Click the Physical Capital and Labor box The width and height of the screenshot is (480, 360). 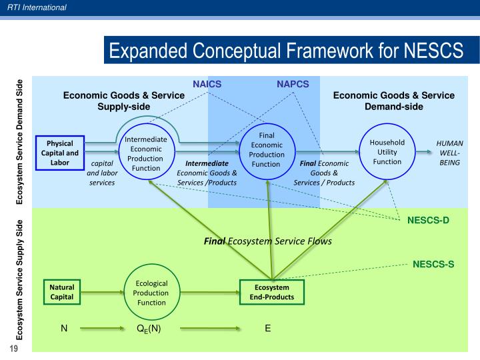(59, 153)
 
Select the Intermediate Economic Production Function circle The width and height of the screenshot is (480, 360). (146, 153)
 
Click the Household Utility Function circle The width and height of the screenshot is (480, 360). (387, 152)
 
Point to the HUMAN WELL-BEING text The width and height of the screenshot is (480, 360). (449, 153)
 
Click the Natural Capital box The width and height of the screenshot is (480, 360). (62, 293)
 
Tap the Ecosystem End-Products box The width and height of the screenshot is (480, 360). (271, 293)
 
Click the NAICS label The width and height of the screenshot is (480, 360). (207, 84)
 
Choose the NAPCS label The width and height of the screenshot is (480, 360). (293, 84)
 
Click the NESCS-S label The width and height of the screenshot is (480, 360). (433, 264)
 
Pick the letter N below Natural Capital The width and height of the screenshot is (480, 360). (64, 328)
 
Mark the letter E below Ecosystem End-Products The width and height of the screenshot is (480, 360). (267, 328)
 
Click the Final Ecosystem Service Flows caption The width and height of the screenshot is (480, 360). (267, 241)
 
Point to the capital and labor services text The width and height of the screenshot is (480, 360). (101, 173)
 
